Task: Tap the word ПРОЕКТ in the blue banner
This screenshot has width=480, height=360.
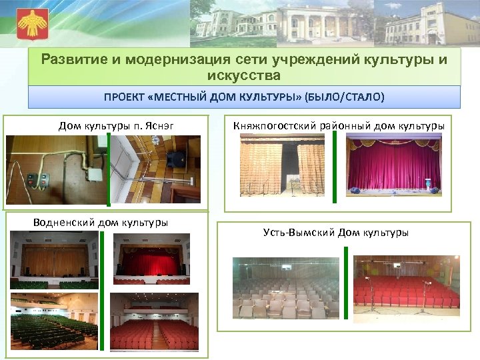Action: coord(125,97)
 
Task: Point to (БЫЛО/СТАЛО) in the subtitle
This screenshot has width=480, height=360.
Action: coord(344,97)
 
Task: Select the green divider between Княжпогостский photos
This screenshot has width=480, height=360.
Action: coord(335,165)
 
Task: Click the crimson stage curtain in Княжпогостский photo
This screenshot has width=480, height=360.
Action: coord(395,165)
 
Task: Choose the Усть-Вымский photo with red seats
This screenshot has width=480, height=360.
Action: coord(405,285)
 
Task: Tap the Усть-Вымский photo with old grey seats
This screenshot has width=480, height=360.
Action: coord(285,288)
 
